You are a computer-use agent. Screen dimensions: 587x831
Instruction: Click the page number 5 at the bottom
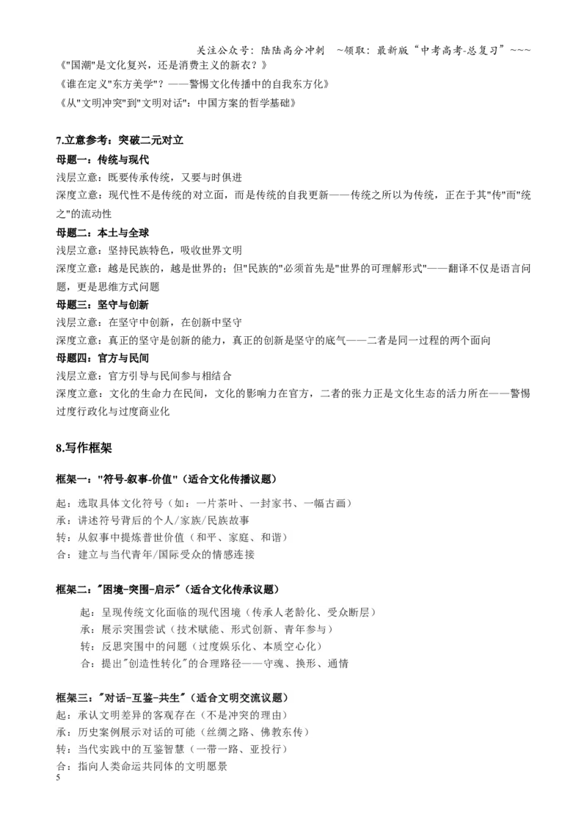click(x=58, y=777)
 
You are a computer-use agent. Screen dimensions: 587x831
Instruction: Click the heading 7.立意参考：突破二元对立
click(x=120, y=140)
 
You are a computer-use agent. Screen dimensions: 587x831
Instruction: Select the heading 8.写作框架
click(x=84, y=449)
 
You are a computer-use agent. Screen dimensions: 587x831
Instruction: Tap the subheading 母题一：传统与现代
click(x=103, y=160)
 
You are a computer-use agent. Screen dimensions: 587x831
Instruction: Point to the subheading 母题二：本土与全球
click(x=103, y=233)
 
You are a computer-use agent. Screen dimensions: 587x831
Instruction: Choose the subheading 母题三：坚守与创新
click(x=103, y=305)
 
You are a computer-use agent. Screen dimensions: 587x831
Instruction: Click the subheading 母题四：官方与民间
click(x=103, y=358)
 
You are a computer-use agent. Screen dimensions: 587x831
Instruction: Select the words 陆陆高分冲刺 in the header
click(x=293, y=51)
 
